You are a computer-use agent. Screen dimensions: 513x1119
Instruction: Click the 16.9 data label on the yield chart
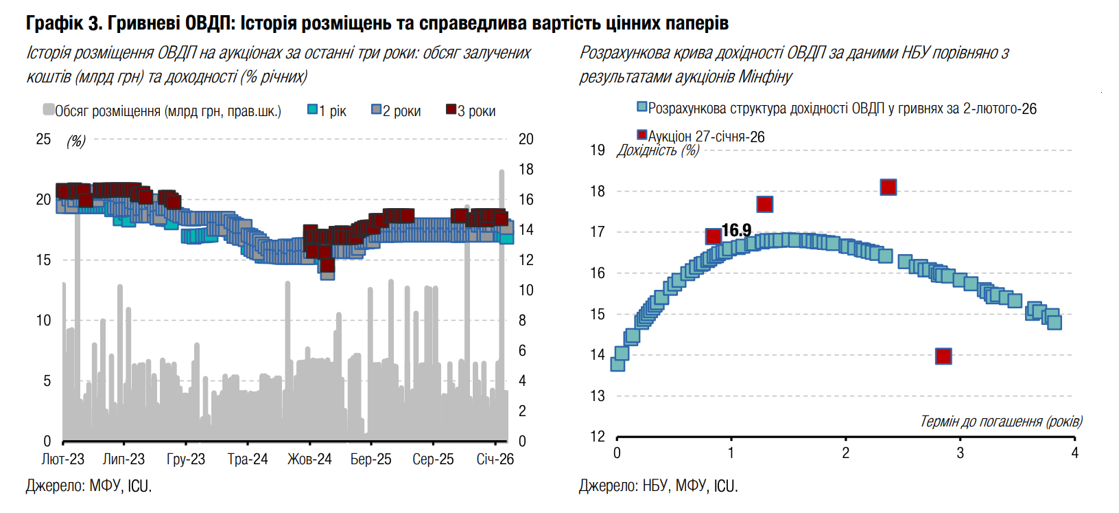tap(736, 230)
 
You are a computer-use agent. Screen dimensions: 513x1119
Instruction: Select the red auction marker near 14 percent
tap(943, 356)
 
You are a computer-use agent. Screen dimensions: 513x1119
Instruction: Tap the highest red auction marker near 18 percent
tap(888, 187)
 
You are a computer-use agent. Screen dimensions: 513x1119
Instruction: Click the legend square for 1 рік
tap(313, 110)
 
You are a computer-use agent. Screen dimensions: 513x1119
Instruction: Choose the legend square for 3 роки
tap(451, 110)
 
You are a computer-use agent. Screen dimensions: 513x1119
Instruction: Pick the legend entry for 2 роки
tap(396, 111)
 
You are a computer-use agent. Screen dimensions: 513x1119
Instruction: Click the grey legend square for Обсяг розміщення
tap(49, 110)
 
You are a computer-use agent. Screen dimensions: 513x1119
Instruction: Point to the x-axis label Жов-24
tap(309, 459)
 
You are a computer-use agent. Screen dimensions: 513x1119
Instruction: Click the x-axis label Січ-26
tap(495, 459)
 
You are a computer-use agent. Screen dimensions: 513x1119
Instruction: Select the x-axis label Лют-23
tap(63, 459)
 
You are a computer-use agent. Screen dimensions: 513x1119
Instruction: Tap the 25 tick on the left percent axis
tap(43, 139)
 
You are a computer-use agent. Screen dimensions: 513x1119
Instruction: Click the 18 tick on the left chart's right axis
tap(526, 170)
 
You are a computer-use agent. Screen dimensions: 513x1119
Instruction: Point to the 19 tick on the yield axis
tap(598, 150)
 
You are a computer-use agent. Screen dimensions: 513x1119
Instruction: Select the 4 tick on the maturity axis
tap(1074, 453)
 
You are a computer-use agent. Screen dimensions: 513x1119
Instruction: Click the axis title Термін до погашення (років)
tap(1001, 422)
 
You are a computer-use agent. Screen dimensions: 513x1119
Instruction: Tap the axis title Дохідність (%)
tap(658, 150)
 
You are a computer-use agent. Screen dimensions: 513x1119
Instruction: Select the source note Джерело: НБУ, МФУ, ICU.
tap(658, 486)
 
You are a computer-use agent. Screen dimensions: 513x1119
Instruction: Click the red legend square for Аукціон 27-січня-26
tap(642, 135)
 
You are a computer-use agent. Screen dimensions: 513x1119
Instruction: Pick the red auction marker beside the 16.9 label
tap(714, 236)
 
